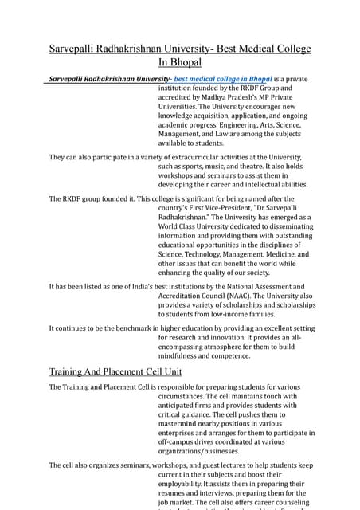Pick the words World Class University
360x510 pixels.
click(x=202, y=226)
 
